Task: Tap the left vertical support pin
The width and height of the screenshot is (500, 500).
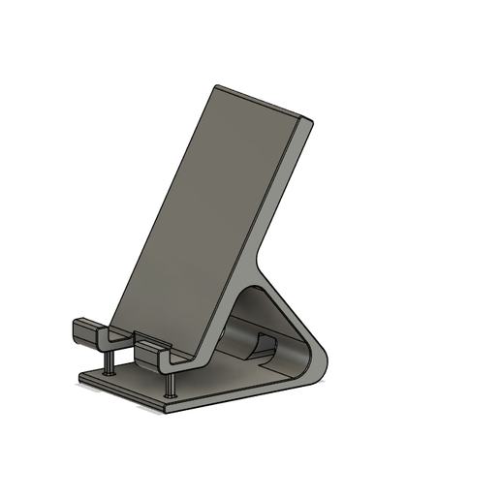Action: (x=109, y=358)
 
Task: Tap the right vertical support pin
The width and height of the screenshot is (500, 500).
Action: (x=172, y=381)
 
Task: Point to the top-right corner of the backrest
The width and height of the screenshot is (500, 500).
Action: (x=311, y=122)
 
